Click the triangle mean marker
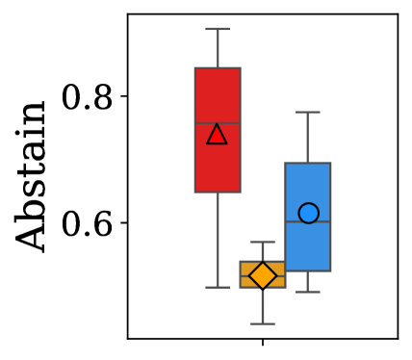(218, 134)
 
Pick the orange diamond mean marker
(263, 276)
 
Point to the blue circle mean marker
(308, 214)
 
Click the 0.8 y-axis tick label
(88, 97)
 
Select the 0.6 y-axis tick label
(88, 223)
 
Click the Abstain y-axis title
(34, 177)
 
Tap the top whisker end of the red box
(218, 29)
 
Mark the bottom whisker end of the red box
(218, 287)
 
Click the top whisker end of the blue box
(308, 112)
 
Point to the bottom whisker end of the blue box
(308, 291)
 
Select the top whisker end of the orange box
(263, 242)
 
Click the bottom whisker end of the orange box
(263, 323)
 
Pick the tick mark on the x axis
(263, 342)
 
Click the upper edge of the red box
(218, 68)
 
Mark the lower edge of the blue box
(308, 270)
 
